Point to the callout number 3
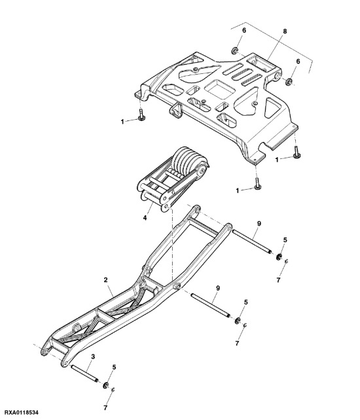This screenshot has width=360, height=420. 93,356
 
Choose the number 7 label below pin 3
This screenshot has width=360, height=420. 105,407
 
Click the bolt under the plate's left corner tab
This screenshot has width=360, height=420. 141,116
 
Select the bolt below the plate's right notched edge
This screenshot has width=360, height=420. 298,153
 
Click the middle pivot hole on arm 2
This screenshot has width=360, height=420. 176,288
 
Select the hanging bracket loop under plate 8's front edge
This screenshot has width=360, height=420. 175,110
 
